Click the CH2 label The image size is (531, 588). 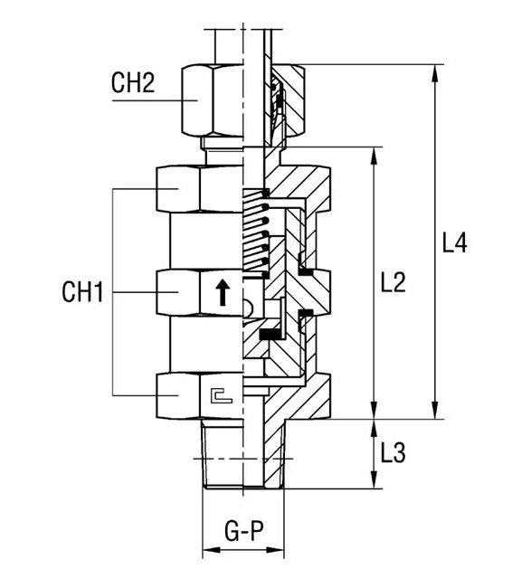(133, 84)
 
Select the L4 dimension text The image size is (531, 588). (454, 243)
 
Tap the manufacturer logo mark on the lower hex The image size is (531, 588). (219, 394)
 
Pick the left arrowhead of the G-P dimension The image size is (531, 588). (205, 551)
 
